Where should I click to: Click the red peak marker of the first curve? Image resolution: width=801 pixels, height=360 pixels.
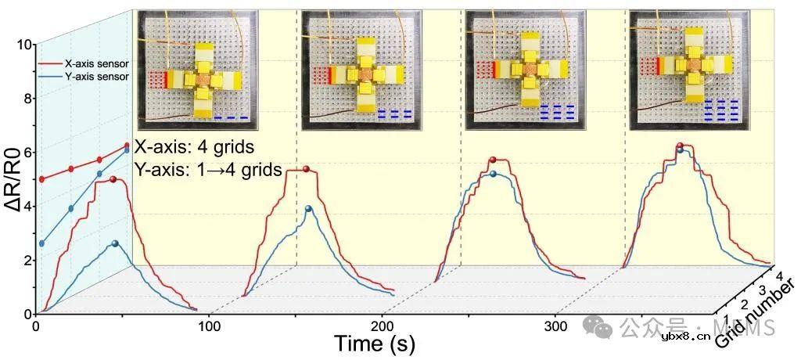point(114,180)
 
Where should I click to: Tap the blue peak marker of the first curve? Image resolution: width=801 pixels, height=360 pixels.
point(116,244)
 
